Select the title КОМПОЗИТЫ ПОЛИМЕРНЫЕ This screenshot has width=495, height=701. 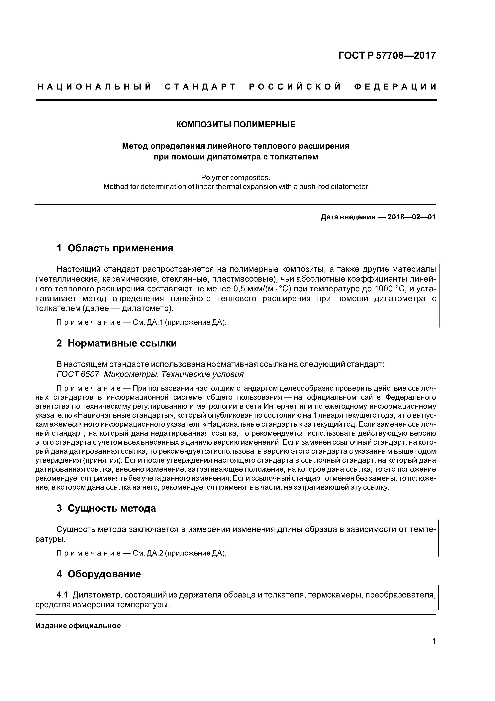tap(236, 124)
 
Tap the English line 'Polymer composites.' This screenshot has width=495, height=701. tap(236, 178)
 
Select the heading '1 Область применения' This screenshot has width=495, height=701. tap(115, 248)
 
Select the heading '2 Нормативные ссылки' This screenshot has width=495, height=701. tap(117, 344)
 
